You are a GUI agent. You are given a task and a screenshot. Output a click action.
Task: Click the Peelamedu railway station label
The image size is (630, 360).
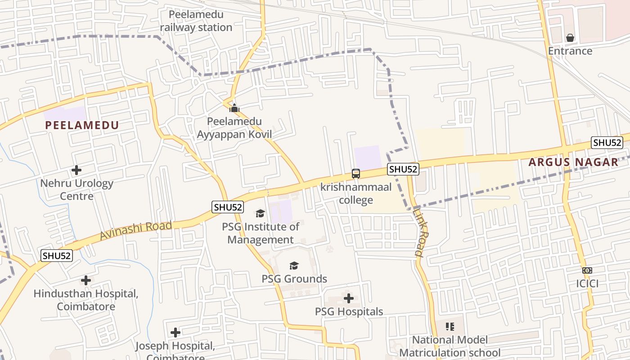click(x=196, y=21)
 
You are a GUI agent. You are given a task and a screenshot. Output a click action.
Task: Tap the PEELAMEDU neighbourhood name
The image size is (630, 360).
click(x=82, y=126)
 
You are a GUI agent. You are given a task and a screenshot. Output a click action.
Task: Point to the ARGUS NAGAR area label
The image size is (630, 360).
click(x=573, y=162)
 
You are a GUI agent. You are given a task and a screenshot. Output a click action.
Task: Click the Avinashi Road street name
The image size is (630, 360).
click(x=135, y=230)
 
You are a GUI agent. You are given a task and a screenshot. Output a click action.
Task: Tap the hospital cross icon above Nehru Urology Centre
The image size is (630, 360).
click(x=76, y=170)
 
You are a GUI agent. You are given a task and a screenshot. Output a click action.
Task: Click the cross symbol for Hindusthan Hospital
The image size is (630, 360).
click(x=85, y=281)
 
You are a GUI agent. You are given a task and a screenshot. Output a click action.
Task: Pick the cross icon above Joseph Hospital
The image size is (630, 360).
click(x=175, y=333)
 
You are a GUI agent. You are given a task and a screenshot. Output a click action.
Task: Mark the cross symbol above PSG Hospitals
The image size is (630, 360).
click(x=349, y=298)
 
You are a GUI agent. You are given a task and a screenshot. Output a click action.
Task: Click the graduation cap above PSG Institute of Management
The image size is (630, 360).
click(x=260, y=213)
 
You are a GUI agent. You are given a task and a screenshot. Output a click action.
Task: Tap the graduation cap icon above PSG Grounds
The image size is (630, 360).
click(x=294, y=265)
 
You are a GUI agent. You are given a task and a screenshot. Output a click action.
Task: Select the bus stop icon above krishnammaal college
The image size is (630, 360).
click(x=355, y=173)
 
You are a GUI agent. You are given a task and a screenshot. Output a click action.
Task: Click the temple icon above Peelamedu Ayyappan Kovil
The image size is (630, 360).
click(x=234, y=108)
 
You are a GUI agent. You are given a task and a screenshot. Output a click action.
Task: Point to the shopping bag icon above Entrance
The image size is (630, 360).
click(x=570, y=37)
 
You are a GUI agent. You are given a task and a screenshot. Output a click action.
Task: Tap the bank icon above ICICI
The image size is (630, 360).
click(x=587, y=270)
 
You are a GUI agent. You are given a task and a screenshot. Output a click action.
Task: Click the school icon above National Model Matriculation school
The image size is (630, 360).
click(x=450, y=326)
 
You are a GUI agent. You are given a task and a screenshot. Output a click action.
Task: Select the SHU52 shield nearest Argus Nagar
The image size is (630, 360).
click(x=607, y=143)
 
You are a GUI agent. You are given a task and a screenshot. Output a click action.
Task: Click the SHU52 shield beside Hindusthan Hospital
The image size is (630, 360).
click(x=57, y=256)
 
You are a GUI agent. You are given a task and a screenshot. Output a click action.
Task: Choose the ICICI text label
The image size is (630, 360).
click(x=587, y=284)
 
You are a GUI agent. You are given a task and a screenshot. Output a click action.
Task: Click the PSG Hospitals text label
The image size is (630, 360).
click(x=349, y=311)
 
